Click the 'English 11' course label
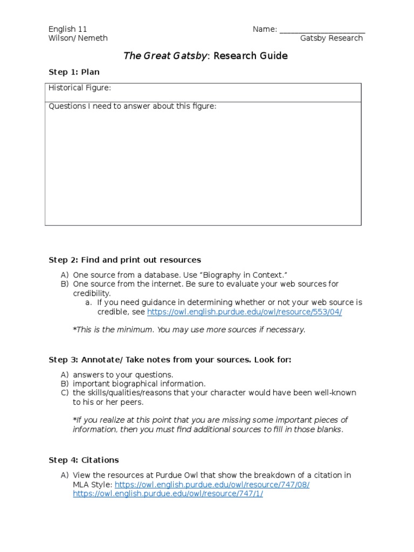(67, 29)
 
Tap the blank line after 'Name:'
(322, 30)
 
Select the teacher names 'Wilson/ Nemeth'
(78, 38)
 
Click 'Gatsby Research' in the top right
(332, 38)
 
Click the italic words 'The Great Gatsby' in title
(165, 56)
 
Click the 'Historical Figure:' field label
(79, 88)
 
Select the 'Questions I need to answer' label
(132, 106)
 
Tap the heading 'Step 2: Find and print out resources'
(125, 260)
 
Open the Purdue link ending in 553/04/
(244, 312)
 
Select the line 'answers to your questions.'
(123, 375)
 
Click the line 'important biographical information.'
(139, 384)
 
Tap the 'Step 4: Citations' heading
(84, 460)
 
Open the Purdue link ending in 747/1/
(168, 494)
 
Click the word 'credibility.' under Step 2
(92, 293)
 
